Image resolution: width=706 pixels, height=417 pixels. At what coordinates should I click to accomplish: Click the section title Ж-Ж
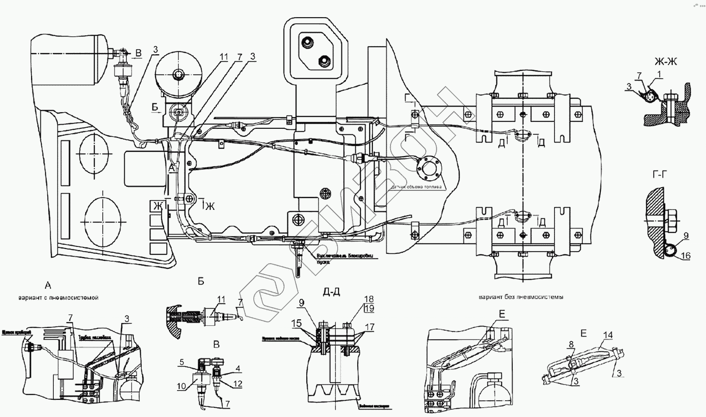tap(666, 62)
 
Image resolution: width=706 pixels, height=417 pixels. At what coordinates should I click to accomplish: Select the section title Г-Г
tap(663, 175)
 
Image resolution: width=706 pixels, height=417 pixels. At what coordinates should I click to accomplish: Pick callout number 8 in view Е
tap(571, 344)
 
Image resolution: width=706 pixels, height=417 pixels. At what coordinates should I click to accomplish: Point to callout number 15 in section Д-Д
tap(296, 322)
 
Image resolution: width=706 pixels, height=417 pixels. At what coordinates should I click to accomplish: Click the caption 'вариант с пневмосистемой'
tap(59, 297)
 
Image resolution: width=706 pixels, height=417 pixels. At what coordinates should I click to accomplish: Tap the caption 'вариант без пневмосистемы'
tap(521, 297)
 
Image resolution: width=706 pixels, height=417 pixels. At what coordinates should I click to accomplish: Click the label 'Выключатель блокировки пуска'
tap(343, 258)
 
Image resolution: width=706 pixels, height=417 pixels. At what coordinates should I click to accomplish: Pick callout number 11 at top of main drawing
tap(224, 57)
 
